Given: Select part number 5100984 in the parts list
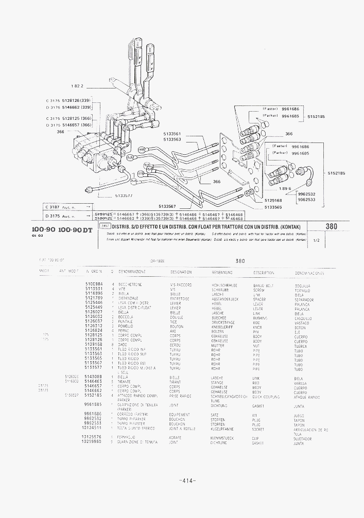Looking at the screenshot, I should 94,284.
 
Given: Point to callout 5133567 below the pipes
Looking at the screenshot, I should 168,206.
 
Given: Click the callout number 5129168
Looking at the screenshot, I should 273,201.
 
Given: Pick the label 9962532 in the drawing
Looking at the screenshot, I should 307,194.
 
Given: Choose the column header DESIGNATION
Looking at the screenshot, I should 181,272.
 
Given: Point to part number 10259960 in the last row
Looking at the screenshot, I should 92,442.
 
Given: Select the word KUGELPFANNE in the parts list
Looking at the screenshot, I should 222,428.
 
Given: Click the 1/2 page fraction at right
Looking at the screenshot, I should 316,240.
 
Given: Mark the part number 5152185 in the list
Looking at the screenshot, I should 94,396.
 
